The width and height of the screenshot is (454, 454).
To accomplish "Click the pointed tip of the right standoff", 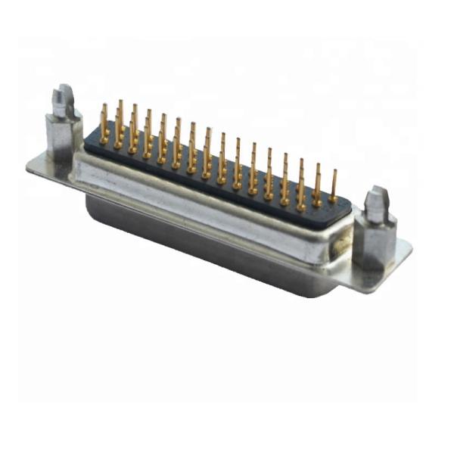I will click(x=376, y=199).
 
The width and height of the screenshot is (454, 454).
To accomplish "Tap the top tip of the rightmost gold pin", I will click(x=334, y=172).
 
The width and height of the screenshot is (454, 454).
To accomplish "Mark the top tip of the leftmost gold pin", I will click(x=104, y=106).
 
